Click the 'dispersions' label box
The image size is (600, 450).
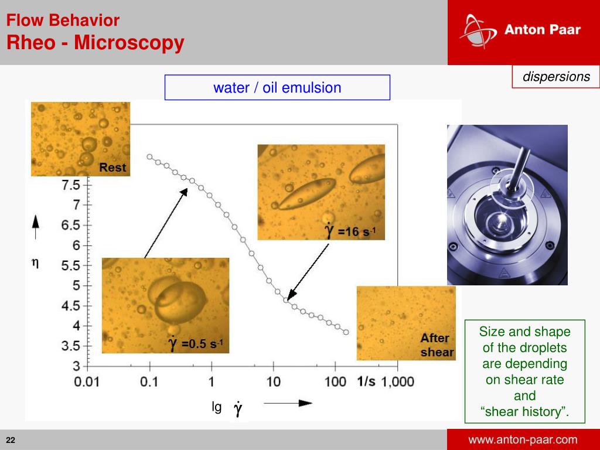pos(555,77)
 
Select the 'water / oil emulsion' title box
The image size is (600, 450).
pos(277,88)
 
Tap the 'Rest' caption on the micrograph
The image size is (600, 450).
pos(112,168)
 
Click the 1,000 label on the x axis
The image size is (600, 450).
pos(398,382)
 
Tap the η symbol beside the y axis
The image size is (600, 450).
pos(35,264)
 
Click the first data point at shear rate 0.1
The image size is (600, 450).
pos(149,156)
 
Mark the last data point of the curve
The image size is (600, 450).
pos(346,332)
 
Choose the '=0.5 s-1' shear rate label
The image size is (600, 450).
pos(196,343)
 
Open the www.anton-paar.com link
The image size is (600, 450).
pos(523,440)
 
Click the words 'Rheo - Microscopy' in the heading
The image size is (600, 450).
pos(96,43)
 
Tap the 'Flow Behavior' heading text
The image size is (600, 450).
pos(63,21)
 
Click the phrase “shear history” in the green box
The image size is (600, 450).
pos(524,412)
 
